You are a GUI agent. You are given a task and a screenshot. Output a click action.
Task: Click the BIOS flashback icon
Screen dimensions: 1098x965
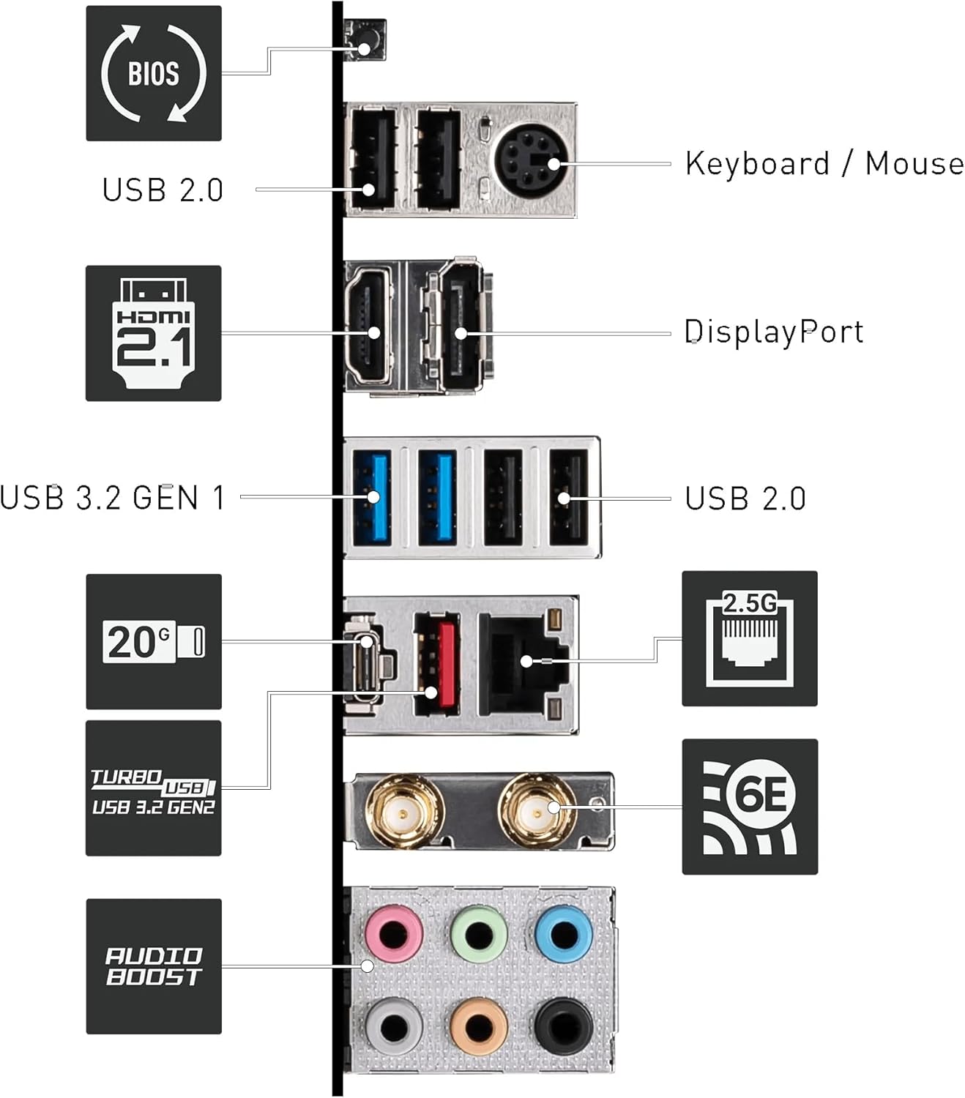tap(153, 73)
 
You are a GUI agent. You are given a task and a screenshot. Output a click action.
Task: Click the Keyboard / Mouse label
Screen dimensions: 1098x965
tap(824, 163)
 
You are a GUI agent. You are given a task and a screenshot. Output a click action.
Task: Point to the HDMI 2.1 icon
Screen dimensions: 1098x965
tap(153, 333)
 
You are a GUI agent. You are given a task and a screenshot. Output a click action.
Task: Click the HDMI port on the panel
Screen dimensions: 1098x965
tap(373, 326)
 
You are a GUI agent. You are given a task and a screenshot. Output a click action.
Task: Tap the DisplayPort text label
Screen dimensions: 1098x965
tap(773, 332)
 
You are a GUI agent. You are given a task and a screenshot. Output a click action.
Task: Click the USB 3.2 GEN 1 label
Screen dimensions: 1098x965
tap(112, 498)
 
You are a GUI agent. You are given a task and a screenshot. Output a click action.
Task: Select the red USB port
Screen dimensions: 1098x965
tap(436, 663)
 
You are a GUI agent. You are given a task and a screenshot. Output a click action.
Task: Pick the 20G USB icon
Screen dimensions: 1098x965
tap(153, 642)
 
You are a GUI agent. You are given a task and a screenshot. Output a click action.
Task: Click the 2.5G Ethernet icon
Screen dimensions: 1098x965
tap(749, 638)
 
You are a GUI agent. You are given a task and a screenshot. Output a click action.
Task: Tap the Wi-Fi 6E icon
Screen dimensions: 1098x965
tap(749, 807)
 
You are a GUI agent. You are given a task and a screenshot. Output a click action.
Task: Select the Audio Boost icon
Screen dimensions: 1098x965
tap(153, 966)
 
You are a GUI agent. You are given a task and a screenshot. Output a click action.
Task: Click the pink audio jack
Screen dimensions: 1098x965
tap(395, 934)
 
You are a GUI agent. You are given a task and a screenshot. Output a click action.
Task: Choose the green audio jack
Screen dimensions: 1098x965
tap(479, 934)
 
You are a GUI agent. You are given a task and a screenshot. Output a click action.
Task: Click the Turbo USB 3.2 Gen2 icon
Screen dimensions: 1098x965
tap(153, 788)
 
